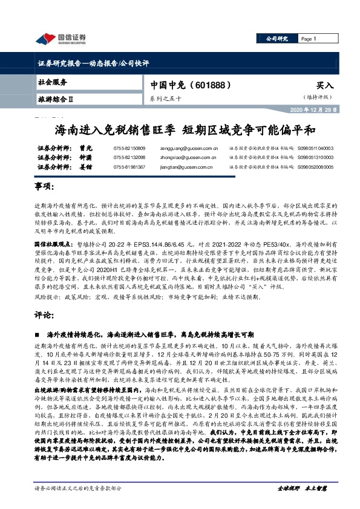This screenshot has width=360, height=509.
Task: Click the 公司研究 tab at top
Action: click(x=278, y=39)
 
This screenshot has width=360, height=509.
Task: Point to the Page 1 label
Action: click(x=309, y=39)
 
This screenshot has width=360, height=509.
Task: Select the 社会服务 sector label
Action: click(x=53, y=81)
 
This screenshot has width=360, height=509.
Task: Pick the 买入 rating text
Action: click(x=324, y=86)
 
